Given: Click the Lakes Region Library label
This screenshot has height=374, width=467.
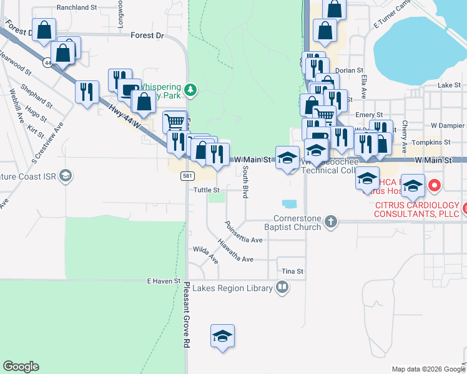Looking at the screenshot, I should [232, 288].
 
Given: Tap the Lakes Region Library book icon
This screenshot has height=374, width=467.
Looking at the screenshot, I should [282, 287].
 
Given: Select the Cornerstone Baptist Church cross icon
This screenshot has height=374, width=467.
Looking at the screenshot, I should [331, 221].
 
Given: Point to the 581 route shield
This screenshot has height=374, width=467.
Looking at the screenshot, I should [187, 176].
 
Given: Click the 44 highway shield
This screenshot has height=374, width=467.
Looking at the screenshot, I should [47, 63].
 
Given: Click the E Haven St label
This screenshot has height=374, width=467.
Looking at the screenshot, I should [164, 282].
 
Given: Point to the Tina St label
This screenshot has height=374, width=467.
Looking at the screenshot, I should [292, 271].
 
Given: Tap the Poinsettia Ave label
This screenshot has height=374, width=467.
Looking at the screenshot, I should [243, 233].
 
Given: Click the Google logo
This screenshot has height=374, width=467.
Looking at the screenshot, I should [21, 367].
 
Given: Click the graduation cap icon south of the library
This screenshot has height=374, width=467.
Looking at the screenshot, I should [223, 337].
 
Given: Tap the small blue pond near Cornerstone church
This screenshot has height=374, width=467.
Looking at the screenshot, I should [290, 203].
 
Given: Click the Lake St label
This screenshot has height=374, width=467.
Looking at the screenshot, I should [448, 84].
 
